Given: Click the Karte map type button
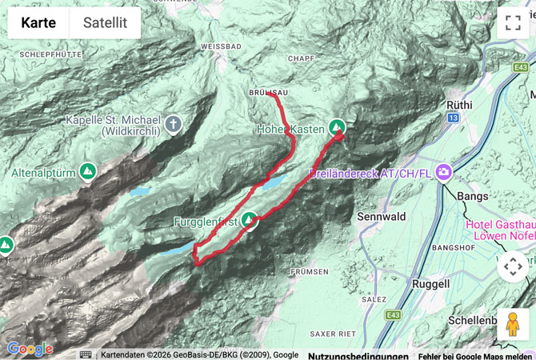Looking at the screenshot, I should pos(38,23).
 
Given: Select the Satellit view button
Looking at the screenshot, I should pos(105,23).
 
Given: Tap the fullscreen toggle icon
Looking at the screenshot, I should pos(512,23).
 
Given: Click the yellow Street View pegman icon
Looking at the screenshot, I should pos(512,324).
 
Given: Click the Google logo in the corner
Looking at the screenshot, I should pos(30,350).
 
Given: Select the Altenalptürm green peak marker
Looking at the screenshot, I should pos(88,171).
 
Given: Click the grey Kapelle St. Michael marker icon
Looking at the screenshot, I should pos(174,123).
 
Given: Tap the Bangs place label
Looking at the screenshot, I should pos(472,195).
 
